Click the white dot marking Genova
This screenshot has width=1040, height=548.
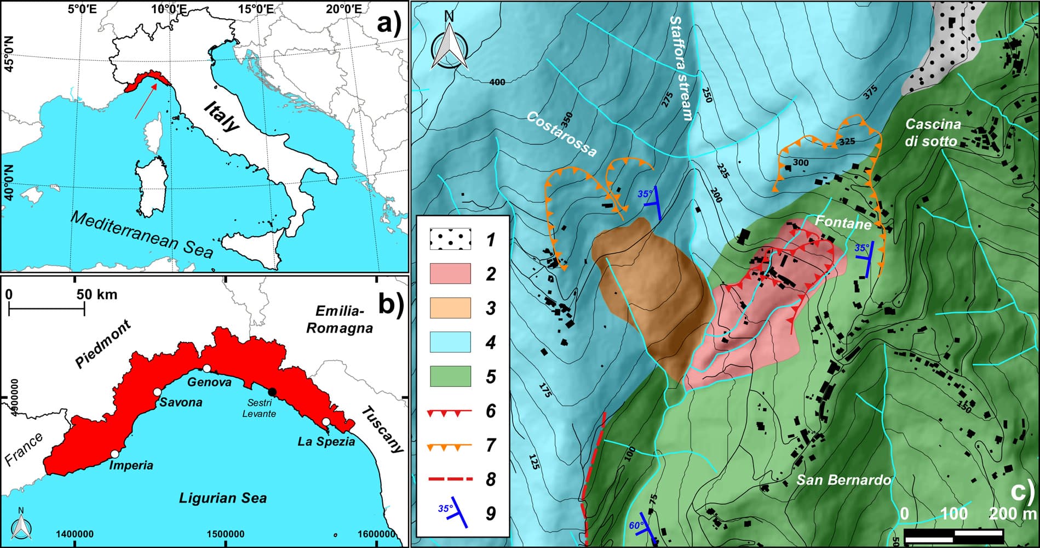(206, 368)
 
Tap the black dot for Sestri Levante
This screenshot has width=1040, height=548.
(272, 391)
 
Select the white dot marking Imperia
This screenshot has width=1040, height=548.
(114, 454)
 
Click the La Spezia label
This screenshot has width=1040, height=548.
(326, 441)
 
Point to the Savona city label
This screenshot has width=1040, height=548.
(181, 402)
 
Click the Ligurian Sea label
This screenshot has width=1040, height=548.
(223, 498)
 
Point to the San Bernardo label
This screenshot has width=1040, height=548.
(843, 481)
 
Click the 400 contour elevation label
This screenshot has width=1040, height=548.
(497, 82)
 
